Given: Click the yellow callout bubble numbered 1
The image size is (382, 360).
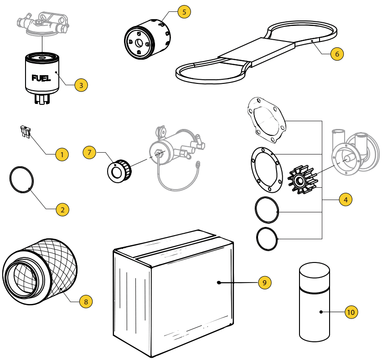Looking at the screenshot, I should (62, 154).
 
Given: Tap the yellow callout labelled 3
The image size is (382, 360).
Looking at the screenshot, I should (81, 85).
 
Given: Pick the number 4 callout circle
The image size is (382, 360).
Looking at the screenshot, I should (346, 200).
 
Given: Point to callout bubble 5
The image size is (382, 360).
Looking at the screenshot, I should (184, 12).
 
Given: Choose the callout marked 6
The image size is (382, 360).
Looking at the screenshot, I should (336, 53).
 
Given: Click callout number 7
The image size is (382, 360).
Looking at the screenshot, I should (89, 152).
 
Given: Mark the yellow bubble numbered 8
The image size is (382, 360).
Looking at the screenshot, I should (85, 301).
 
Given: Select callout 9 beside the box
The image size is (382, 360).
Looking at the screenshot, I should (264, 283).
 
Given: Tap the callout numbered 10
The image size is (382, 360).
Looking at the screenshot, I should (351, 312).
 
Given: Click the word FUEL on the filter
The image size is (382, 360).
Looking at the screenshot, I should (41, 77).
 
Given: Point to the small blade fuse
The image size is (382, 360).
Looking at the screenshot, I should (25, 132).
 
